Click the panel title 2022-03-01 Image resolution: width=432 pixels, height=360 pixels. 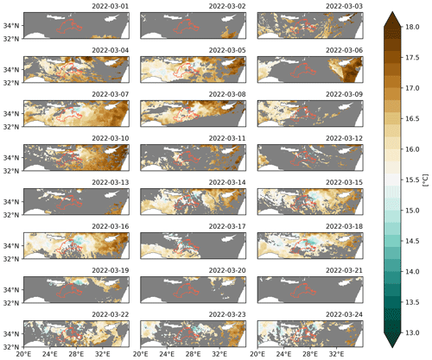(x=111, y=6)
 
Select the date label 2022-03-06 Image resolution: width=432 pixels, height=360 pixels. (x=344, y=50)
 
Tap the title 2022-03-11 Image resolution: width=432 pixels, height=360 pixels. (x=227, y=138)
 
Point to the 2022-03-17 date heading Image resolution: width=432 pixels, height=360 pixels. (x=227, y=226)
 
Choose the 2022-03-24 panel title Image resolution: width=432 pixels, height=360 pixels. (x=344, y=314)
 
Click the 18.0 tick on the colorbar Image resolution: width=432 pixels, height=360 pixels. (x=412, y=27)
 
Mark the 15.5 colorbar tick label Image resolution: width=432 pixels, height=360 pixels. (x=412, y=180)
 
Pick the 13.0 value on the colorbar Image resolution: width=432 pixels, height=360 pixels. (x=412, y=333)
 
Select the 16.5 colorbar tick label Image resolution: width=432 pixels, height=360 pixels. (x=412, y=119)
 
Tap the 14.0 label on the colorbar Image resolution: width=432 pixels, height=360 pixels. (x=412, y=272)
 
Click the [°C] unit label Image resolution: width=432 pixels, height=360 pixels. (x=426, y=180)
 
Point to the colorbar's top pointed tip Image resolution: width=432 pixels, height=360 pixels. (x=392, y=12)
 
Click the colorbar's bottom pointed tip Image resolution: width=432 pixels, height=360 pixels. (x=392, y=348)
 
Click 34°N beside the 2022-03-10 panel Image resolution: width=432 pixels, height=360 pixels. (x=11, y=158)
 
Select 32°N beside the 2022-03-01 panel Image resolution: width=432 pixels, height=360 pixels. (x=11, y=39)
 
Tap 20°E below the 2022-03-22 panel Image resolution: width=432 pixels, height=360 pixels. (x=24, y=354)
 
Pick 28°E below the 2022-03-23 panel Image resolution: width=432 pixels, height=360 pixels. (x=194, y=354)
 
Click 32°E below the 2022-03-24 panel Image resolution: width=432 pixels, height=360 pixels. (x=336, y=354)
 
